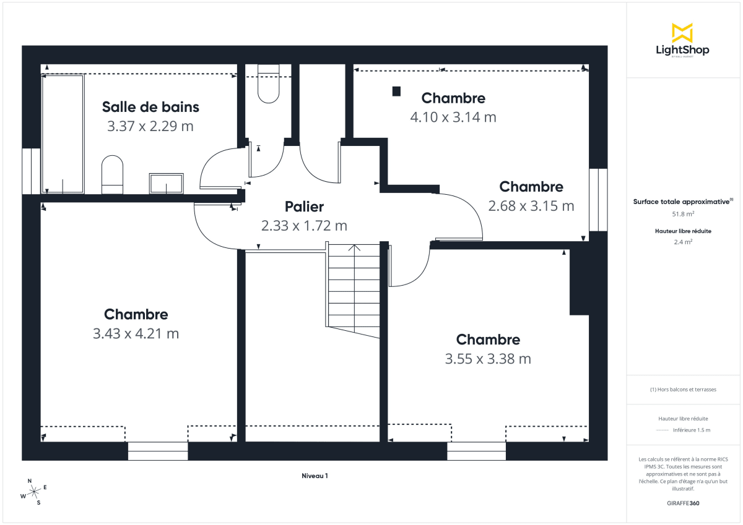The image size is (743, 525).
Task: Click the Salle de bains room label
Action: pyautogui.click(x=150, y=107)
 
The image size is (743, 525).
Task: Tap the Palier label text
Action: pyautogui.click(x=304, y=207)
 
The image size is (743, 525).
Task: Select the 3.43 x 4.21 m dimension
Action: pyautogui.click(x=136, y=334)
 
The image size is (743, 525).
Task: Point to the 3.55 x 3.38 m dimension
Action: pyautogui.click(x=488, y=359)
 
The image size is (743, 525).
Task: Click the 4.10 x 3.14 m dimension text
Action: pyautogui.click(x=453, y=117)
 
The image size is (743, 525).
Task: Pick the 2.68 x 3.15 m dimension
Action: pyautogui.click(x=531, y=206)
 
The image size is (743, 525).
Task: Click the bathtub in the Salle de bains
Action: pyautogui.click(x=62, y=134)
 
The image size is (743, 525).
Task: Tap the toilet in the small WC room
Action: pyautogui.click(x=269, y=87)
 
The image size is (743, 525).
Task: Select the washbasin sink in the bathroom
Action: pyautogui.click(x=166, y=184)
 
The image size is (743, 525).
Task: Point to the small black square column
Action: pyautogui.click(x=396, y=92)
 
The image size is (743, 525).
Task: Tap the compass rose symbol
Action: pyautogui.click(x=34, y=491)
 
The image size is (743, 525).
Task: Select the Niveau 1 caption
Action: pyautogui.click(x=315, y=476)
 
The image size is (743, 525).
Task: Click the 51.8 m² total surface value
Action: pyautogui.click(x=683, y=214)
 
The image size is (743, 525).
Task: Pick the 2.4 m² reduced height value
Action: pyautogui.click(x=683, y=242)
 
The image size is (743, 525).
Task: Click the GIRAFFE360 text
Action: pyautogui.click(x=683, y=503)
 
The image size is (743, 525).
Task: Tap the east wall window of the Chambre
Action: pyautogui.click(x=598, y=199)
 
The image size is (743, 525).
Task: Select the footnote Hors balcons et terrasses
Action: pyautogui.click(x=683, y=390)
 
